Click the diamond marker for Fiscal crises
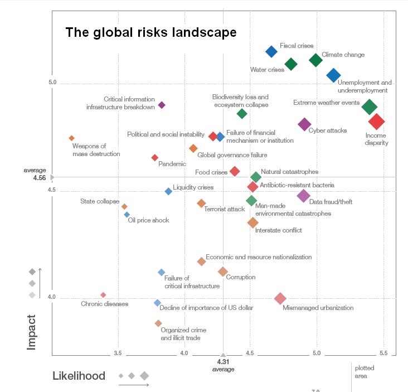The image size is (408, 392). [271, 51]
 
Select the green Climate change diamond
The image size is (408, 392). [315, 60]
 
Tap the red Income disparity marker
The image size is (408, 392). [377, 121]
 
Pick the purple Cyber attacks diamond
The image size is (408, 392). [304, 124]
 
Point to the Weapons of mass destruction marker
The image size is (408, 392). [71, 138]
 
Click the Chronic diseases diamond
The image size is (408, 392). [103, 294]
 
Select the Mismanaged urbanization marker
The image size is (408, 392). [280, 299]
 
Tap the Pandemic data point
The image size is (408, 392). [155, 157]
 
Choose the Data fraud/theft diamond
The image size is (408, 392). [303, 195]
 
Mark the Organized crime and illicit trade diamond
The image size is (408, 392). [158, 323]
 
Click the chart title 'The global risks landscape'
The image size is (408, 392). [151, 32]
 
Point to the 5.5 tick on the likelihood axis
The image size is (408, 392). [383, 354]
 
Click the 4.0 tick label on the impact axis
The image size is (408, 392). [51, 297]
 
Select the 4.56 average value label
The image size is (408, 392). [39, 178]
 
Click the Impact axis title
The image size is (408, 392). [32, 332]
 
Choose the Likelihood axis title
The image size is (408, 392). [79, 376]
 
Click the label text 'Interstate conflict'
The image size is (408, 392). [278, 230]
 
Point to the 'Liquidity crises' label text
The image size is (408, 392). [193, 187]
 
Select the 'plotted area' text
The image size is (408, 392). [361, 372]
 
